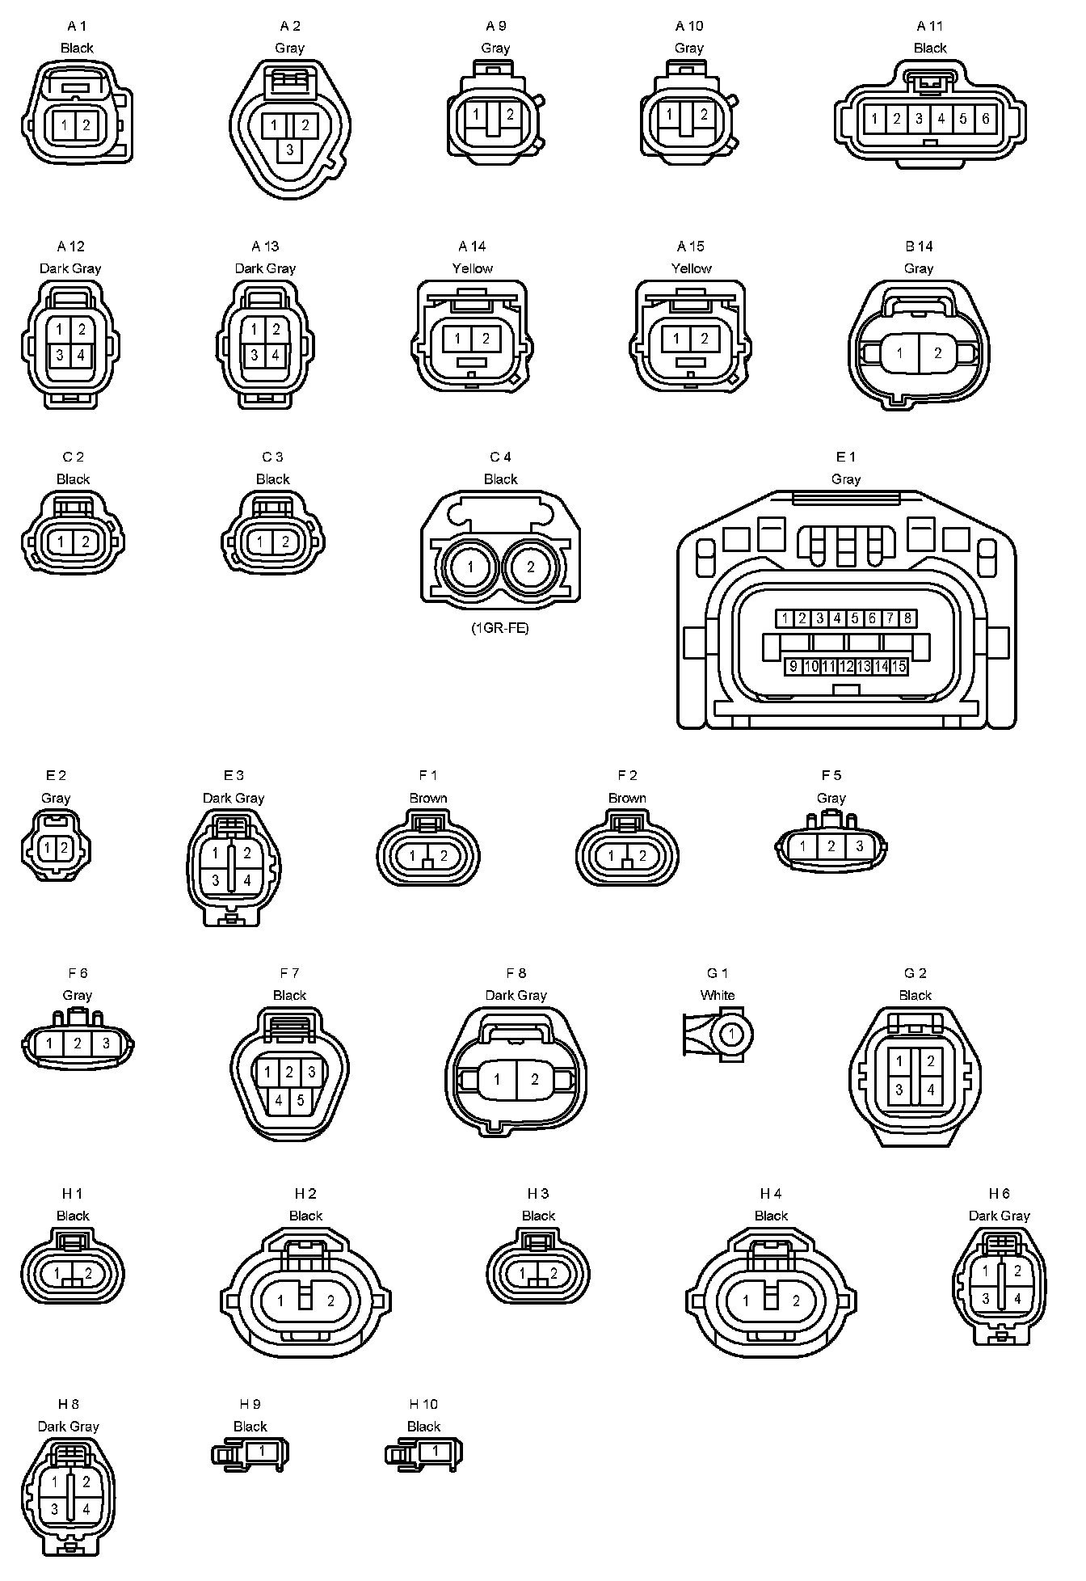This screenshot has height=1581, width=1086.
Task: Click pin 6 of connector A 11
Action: pos(985,119)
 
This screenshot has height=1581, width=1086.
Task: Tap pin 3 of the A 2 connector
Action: pos(289,150)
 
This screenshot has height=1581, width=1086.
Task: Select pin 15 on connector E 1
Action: pos(899,667)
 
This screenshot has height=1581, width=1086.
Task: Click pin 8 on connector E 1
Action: pos(907,618)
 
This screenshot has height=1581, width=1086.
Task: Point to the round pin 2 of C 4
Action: pos(531,567)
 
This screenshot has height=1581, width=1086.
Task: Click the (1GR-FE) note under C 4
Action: pos(500,628)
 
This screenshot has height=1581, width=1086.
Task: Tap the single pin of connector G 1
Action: pos(732,1033)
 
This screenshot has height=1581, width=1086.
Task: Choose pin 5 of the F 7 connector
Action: pos(301,1100)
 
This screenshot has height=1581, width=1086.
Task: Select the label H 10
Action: pos(423,1404)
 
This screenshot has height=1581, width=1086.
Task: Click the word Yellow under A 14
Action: pos(473,268)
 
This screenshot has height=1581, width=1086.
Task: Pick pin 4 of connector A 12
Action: pos(81,355)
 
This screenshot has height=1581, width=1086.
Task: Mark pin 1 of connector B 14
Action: pos(899,353)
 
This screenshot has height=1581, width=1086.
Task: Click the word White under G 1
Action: pos(718,995)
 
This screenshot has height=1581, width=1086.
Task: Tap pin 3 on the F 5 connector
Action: pos(859,846)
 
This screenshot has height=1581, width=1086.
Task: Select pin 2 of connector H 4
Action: pos(796,1301)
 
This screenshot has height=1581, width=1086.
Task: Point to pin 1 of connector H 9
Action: pos(262,1451)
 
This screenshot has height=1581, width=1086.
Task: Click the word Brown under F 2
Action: pos(627,798)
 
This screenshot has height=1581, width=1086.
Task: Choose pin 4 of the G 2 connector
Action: pos(931,1090)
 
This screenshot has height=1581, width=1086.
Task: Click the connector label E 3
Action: pos(234,775)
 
